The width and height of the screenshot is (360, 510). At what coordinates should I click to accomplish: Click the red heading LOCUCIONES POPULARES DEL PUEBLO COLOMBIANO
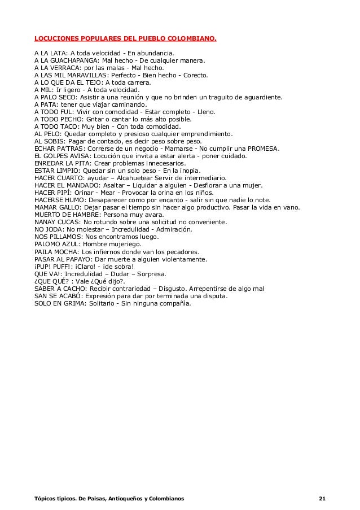[x=125, y=40]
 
